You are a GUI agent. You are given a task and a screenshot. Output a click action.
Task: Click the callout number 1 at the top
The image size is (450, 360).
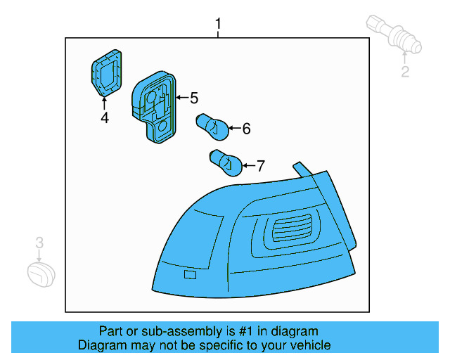(218, 25)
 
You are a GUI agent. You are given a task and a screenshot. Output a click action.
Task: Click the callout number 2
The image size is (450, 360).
(405, 71)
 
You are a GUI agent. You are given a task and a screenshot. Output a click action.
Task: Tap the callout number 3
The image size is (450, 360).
(40, 243)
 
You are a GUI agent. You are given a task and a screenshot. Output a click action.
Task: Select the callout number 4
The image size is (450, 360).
(104, 118)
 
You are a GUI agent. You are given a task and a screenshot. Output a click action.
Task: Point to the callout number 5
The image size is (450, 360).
(193, 98)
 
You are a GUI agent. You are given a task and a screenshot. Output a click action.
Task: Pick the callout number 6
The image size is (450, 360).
(246, 129)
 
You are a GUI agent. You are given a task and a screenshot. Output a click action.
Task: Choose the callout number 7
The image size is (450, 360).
(260, 166)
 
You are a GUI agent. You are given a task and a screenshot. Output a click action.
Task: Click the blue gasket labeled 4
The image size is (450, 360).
(105, 72)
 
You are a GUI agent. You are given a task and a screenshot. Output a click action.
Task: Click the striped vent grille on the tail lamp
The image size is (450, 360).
(289, 230)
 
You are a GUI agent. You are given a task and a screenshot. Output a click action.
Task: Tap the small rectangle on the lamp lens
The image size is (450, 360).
(190, 274)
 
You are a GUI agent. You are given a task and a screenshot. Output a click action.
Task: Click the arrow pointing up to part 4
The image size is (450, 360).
(104, 104)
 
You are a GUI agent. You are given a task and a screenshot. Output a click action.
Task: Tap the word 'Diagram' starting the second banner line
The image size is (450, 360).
(101, 345)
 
